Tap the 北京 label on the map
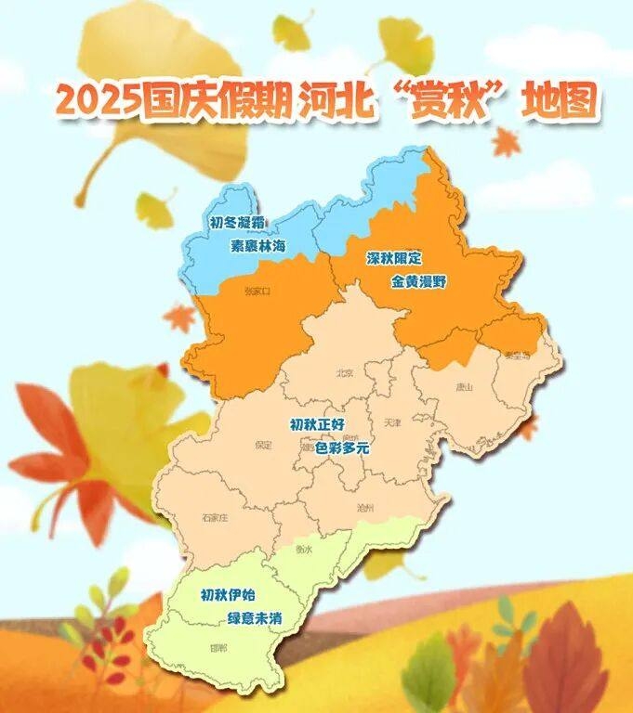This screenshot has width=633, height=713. tap(345, 373)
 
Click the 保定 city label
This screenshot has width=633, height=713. tap(264, 445)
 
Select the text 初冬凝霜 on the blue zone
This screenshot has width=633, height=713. tap(234, 223)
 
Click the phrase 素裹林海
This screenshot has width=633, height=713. tap(257, 246)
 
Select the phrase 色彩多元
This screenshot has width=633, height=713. tap(342, 447)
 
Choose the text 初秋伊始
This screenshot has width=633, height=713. tap(228, 594)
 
